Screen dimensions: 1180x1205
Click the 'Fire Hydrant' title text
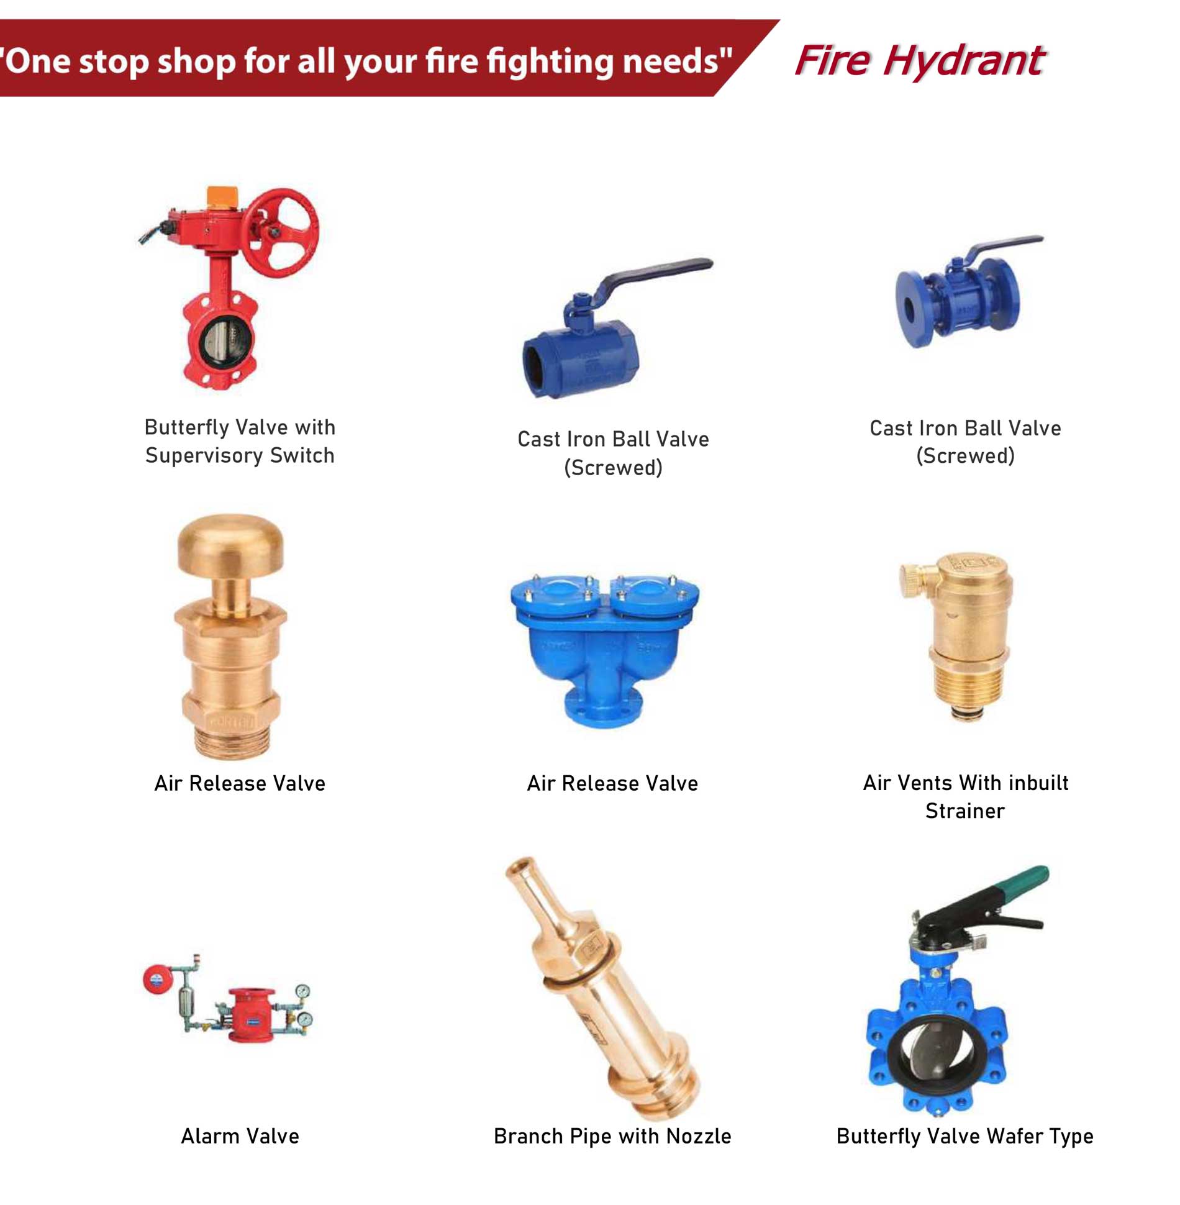pos(920,61)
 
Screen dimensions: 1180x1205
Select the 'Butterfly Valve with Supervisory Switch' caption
pos(240,441)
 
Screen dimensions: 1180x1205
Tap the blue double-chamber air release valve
pos(604,648)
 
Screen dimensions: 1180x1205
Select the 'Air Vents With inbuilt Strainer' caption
pos(966,797)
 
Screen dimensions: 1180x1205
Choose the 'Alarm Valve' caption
pos(240,1136)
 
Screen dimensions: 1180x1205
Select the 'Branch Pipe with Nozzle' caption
pos(612,1136)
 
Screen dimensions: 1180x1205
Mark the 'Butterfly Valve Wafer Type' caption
pos(965,1137)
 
